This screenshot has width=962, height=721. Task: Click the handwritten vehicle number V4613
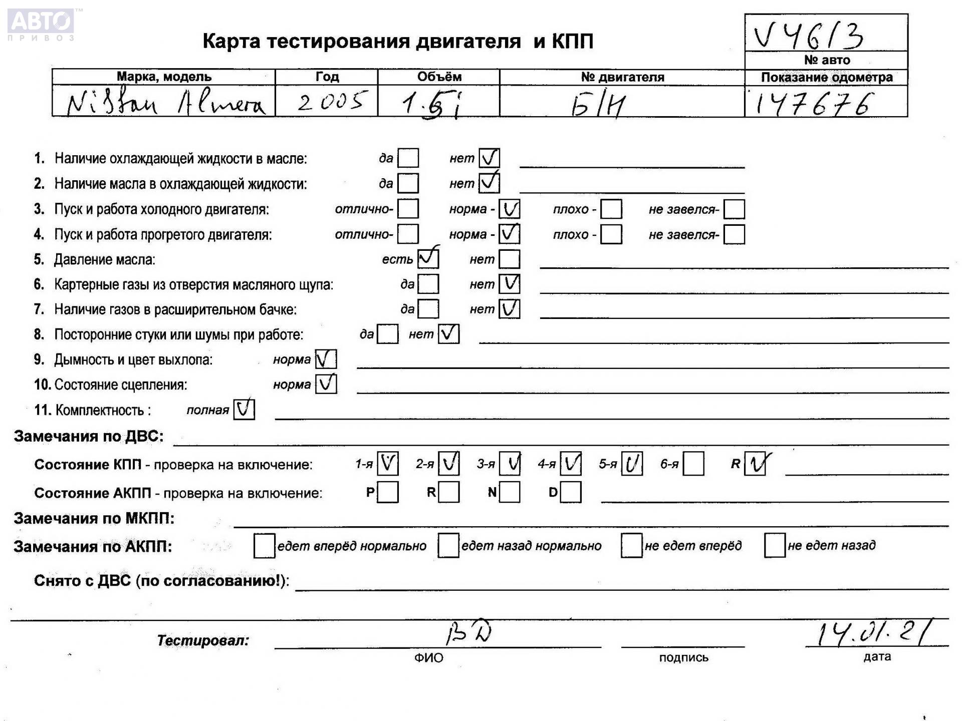(x=809, y=35)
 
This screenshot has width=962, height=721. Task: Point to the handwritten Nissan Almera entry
(x=165, y=104)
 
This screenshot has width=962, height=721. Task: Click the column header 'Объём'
(x=439, y=77)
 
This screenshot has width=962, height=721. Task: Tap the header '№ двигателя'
(x=622, y=77)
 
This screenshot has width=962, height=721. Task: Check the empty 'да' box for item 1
(x=408, y=158)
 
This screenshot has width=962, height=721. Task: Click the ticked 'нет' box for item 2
(x=489, y=183)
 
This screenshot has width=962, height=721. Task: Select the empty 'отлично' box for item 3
(x=408, y=209)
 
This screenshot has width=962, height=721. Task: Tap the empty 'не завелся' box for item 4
(x=734, y=234)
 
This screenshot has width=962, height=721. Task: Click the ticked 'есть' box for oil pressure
(x=428, y=258)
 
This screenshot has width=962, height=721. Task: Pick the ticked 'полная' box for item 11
(x=244, y=410)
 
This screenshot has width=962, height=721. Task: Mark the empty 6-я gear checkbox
(x=693, y=464)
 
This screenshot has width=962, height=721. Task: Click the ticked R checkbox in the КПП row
(x=755, y=464)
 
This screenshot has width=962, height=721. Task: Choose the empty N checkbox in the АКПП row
(x=510, y=492)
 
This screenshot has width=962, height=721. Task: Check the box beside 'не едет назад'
(x=774, y=545)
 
